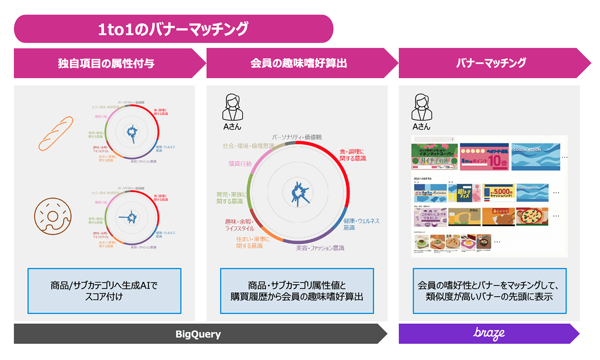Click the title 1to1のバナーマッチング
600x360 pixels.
tap(173, 29)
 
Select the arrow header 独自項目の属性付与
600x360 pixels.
tap(106, 63)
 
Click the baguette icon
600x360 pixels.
tap(56, 133)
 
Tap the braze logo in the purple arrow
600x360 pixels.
tap(489, 333)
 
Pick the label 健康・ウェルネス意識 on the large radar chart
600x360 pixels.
tap(361, 224)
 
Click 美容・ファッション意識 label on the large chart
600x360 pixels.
tap(320, 248)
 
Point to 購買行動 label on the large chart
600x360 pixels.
tap(240, 163)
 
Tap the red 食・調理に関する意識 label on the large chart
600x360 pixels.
tap(353, 155)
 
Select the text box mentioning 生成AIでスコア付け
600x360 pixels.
tap(104, 291)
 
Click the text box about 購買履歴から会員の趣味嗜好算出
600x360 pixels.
tap(297, 291)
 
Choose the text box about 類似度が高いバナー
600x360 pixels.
tap(489, 291)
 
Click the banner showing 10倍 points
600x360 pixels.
tap(484, 157)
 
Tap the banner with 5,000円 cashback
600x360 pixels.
tap(498, 192)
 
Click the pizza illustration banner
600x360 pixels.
tap(532, 216)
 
